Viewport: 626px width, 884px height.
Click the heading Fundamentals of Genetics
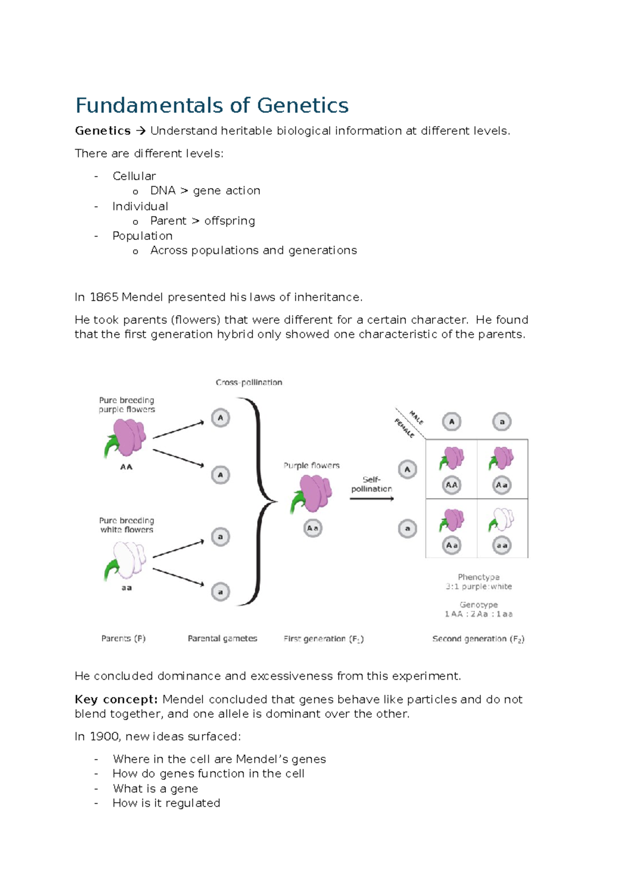tap(212, 105)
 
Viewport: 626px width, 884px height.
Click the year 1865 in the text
tap(104, 297)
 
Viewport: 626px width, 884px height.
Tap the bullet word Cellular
tap(134, 176)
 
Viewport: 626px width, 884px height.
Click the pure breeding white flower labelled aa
tap(127, 560)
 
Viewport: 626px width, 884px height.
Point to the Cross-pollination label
tap(249, 382)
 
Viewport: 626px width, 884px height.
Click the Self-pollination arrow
tap(371, 499)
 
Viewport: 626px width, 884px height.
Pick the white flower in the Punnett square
tap(502, 520)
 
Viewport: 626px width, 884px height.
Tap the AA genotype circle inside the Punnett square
tap(451, 485)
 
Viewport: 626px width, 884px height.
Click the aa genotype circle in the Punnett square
tap(502, 546)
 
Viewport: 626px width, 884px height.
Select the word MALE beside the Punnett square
tap(416, 417)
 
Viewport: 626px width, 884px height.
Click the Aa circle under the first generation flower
tap(312, 528)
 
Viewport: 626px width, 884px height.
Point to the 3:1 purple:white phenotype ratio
tap(478, 586)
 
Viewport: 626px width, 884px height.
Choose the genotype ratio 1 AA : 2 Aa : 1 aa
tap(478, 614)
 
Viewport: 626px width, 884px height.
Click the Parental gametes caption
tap(222, 639)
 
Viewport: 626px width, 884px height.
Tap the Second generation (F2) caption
tap(478, 639)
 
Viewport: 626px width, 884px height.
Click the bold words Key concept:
tap(116, 699)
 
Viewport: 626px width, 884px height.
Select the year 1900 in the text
tap(104, 736)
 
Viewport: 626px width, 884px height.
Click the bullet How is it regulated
tap(166, 803)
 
